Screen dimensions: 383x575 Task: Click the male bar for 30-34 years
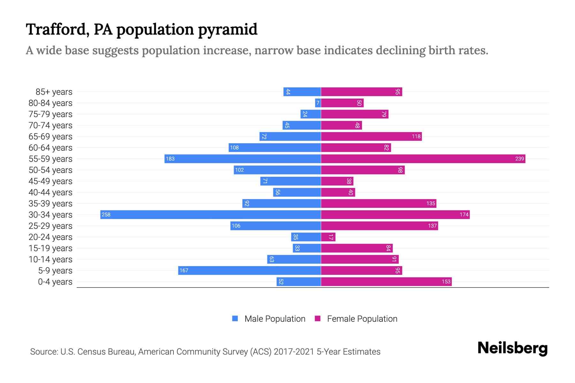[211, 214]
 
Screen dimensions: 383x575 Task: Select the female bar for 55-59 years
[423, 159]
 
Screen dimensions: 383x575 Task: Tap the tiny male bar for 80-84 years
[318, 103]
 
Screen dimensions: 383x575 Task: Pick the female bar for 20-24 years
[328, 237]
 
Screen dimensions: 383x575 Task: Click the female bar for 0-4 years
[386, 282]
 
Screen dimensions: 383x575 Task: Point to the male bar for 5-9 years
[249, 270]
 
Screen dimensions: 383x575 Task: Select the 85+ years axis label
[54, 92]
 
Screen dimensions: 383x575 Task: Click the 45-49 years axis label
[50, 181]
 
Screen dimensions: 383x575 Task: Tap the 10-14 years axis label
[50, 259]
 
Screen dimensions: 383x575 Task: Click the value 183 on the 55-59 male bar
[170, 159]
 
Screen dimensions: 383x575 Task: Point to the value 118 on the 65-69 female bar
[416, 136]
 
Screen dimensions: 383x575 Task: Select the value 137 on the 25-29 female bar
[432, 226]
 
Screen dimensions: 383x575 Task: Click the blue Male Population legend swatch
[235, 319]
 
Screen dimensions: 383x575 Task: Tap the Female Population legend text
[362, 319]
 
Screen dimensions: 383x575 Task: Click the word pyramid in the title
[227, 30]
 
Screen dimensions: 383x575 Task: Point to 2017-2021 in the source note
[294, 352]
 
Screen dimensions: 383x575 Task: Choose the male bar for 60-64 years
[275, 147]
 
